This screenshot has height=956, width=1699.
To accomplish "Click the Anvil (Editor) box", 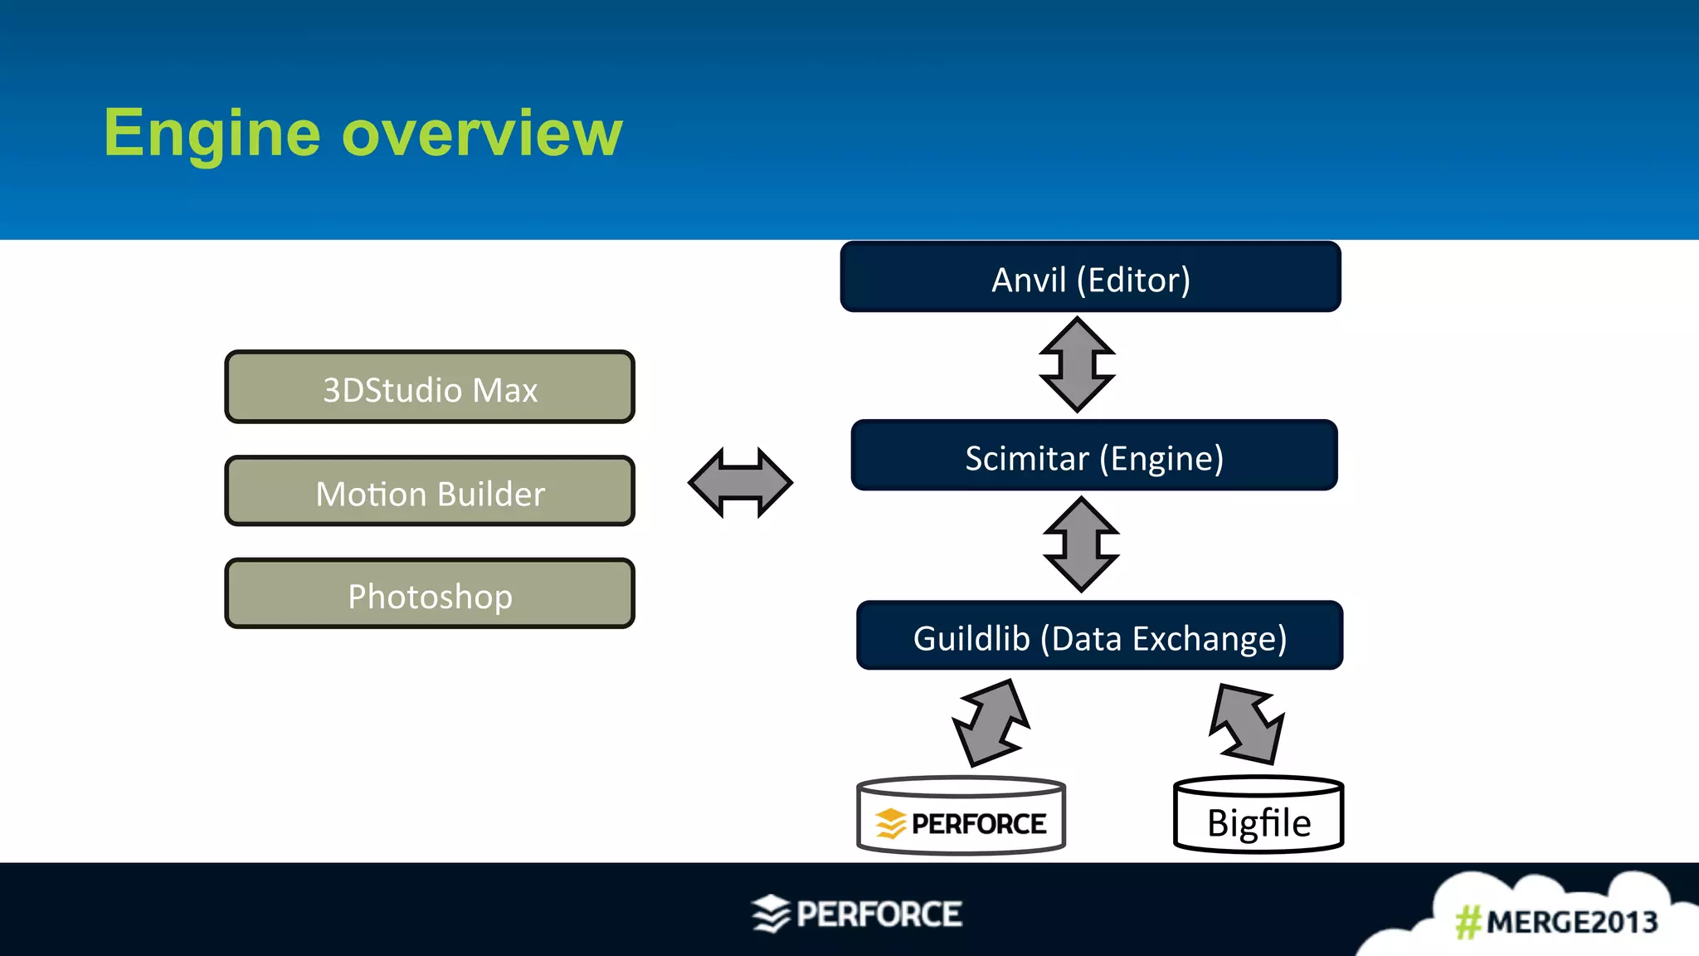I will [1090, 278].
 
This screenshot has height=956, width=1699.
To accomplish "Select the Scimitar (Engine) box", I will [1093, 456].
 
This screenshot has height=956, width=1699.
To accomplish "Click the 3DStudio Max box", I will [430, 388].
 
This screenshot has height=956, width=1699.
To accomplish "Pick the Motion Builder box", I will [430, 492].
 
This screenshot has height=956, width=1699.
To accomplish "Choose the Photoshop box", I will [430, 595].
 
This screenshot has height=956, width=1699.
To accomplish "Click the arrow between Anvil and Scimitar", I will [1077, 365].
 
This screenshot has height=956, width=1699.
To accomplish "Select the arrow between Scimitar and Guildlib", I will [1081, 544].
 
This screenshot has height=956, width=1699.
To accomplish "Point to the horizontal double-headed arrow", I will [740, 482].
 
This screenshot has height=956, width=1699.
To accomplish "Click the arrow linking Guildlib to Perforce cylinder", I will [991, 722].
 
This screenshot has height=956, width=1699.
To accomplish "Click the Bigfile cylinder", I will [1258, 817].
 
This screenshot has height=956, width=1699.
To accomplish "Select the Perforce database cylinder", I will [961, 817].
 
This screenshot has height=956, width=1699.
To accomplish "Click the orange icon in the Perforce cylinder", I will [890, 823].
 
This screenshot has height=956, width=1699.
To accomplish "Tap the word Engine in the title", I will [212, 134].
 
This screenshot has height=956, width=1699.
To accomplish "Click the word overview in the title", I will [481, 134].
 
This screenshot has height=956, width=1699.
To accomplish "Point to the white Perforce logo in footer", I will [857, 914].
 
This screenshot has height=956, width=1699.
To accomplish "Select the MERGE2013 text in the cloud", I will [1571, 922].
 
